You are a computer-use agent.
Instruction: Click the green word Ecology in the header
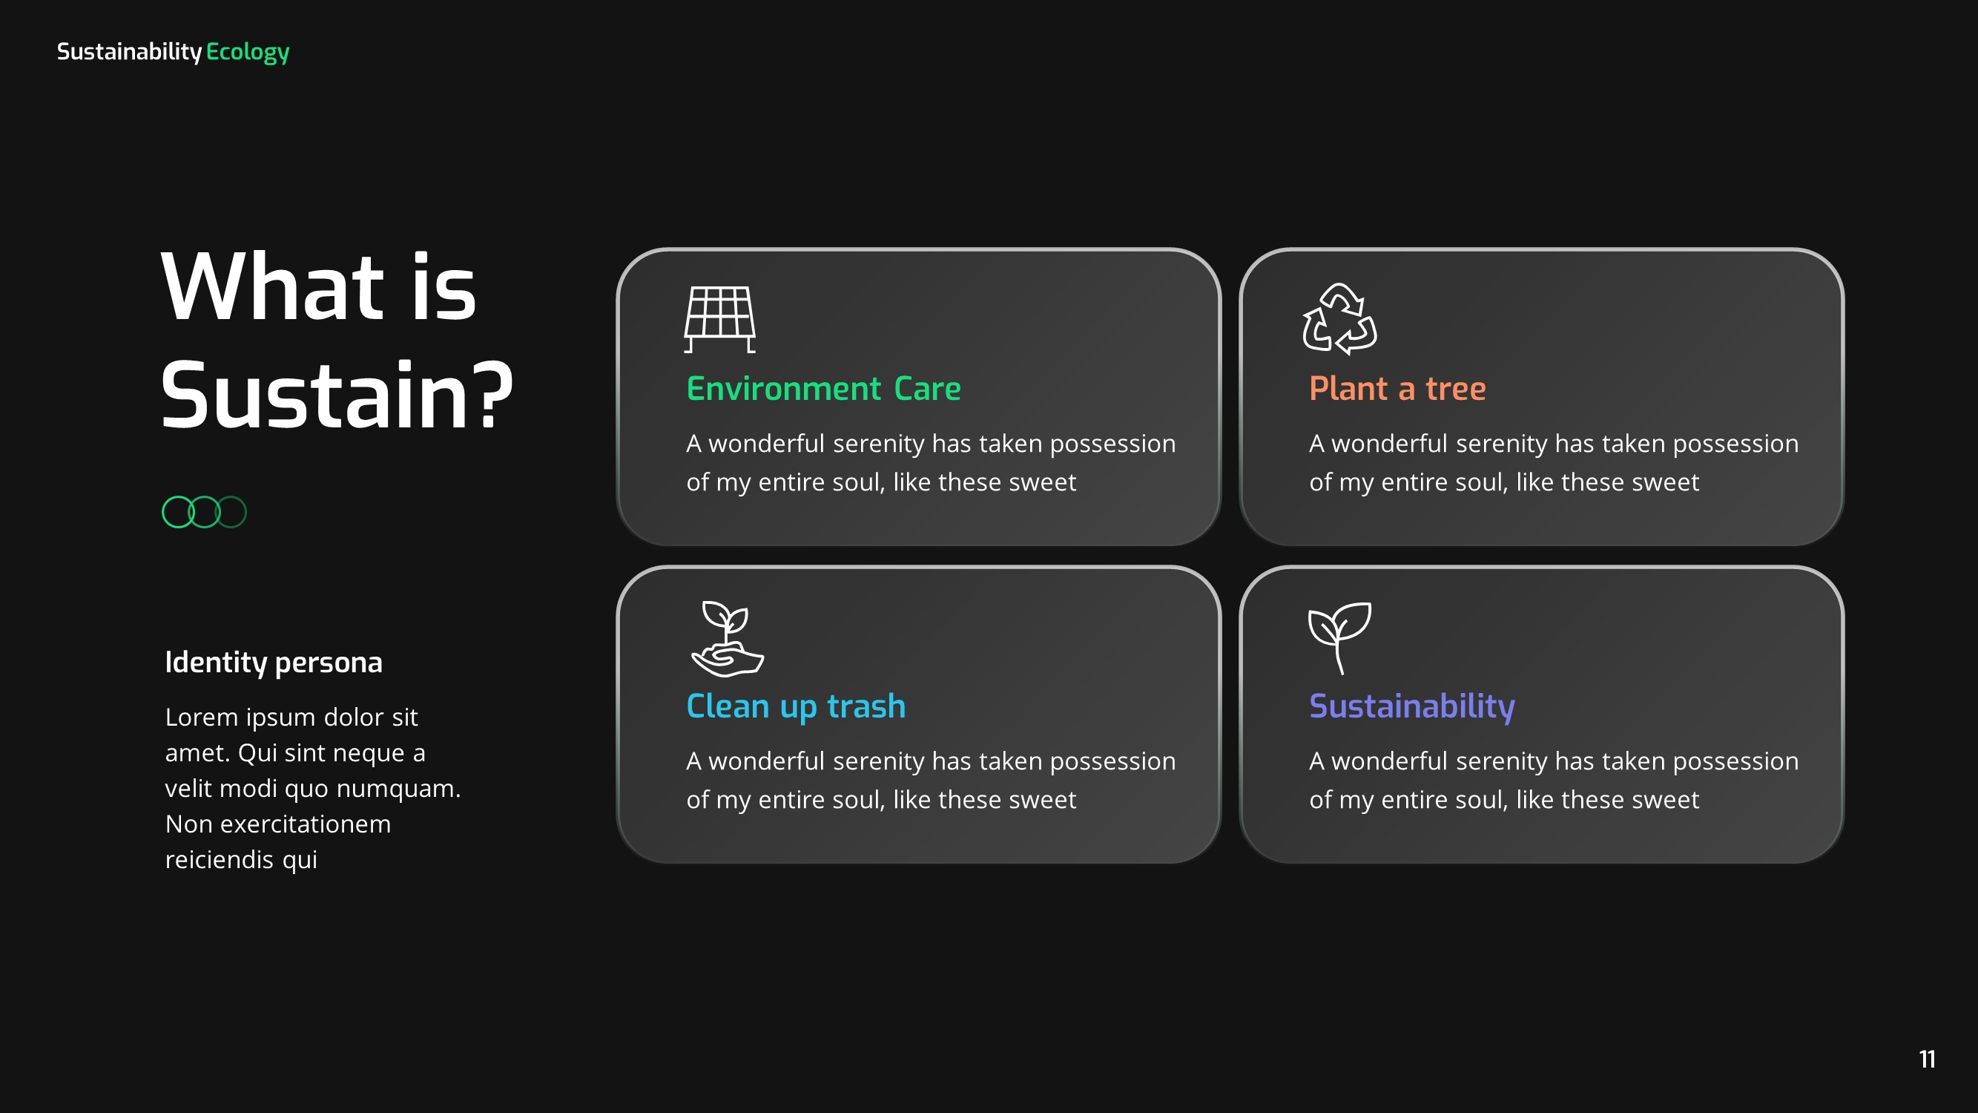pyautogui.click(x=247, y=51)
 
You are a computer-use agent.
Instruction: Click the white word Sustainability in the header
pyautogui.click(x=129, y=51)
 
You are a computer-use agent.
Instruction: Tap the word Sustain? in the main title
pyautogui.click(x=335, y=395)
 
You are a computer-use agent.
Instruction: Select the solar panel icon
pyautogui.click(x=719, y=319)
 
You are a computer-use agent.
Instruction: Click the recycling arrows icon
pyautogui.click(x=1339, y=319)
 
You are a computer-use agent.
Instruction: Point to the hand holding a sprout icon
pyautogui.click(x=726, y=638)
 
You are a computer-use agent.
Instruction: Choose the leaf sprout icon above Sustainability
pyautogui.click(x=1339, y=637)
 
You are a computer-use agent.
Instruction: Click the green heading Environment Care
pyautogui.click(x=823, y=389)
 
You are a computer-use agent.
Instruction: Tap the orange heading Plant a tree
pyautogui.click(x=1397, y=389)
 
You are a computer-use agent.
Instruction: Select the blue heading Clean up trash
pyautogui.click(x=796, y=706)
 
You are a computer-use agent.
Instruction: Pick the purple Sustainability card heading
pyautogui.click(x=1411, y=706)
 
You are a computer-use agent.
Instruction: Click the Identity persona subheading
pyautogui.click(x=274, y=662)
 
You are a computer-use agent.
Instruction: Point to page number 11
pyautogui.click(x=1927, y=1060)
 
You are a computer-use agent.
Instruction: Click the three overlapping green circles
pyautogui.click(x=204, y=512)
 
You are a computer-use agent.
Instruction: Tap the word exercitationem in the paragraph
pyautogui.click(x=305, y=824)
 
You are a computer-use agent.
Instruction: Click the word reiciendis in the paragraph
pyautogui.click(x=219, y=859)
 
